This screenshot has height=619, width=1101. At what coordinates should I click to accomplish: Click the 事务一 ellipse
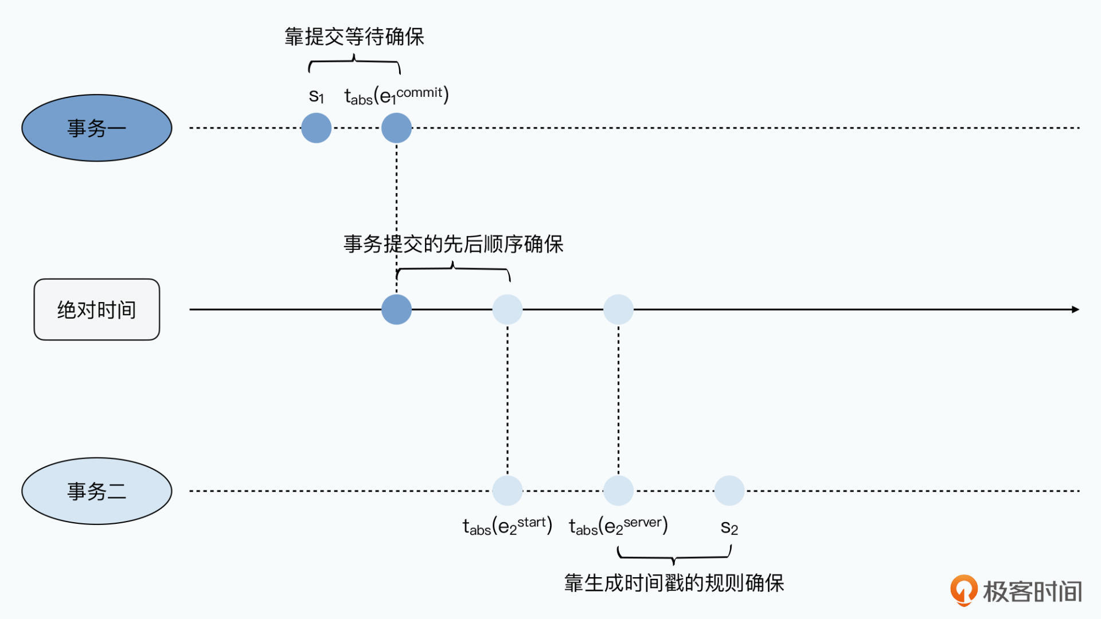tap(96, 128)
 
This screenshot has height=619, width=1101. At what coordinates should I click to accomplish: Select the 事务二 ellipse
tap(96, 491)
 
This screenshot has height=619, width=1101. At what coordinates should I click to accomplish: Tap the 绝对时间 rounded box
tap(96, 309)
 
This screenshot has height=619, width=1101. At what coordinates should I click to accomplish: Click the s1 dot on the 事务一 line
tap(316, 128)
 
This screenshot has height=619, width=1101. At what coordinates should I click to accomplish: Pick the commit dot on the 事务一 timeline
tap(396, 128)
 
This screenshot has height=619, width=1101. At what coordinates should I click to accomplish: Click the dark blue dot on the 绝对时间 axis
tap(396, 309)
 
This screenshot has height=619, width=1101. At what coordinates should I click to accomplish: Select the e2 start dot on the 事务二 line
tap(507, 491)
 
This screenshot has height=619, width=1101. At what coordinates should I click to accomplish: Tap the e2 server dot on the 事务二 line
tap(618, 491)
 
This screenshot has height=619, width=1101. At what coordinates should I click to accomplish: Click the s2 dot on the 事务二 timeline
tap(729, 491)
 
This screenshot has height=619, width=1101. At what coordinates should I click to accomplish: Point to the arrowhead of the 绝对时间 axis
tap(1075, 309)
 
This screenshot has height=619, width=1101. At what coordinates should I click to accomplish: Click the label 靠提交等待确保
tap(354, 37)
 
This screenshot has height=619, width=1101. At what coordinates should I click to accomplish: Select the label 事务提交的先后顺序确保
tap(453, 244)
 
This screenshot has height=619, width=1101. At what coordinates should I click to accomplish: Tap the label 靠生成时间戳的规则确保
tap(674, 583)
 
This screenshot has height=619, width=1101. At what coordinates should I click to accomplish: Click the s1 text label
tap(317, 96)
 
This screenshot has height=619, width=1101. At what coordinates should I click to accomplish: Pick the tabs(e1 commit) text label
tap(396, 95)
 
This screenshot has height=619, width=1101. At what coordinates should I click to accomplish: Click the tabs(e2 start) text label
tap(507, 526)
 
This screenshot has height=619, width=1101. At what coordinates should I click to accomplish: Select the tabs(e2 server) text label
tap(618, 526)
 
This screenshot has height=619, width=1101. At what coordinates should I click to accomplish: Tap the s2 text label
tap(729, 527)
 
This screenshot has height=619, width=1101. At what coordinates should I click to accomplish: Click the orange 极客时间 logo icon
tap(964, 590)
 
